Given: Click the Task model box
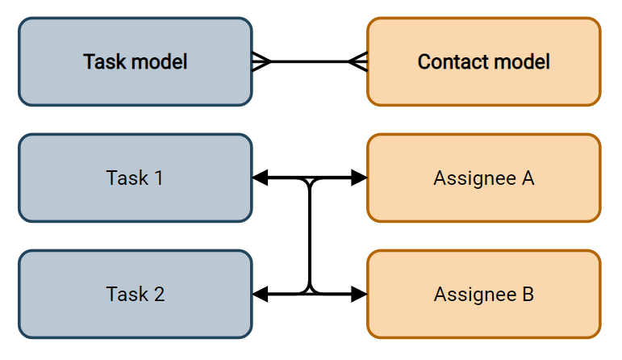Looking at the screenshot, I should pos(135,61).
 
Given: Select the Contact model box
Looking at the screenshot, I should pos(483,61).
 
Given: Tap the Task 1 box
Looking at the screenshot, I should pos(135,178).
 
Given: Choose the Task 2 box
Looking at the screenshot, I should pos(135,294).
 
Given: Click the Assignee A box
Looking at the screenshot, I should pos(483,178).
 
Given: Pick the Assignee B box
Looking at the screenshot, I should pos(483,294).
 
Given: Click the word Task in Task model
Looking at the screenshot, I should pos(103,61).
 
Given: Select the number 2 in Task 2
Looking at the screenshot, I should pos(159,294).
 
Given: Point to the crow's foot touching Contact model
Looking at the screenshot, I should pos(357,61).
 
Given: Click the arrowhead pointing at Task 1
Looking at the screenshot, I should pos(261,178).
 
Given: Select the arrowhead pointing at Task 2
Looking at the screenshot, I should pos(261,294).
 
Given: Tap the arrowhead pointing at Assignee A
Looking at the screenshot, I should pos(359,178).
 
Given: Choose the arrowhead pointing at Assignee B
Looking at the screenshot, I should pos(359,294).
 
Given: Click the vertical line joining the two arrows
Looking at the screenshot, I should pos(310,236).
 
